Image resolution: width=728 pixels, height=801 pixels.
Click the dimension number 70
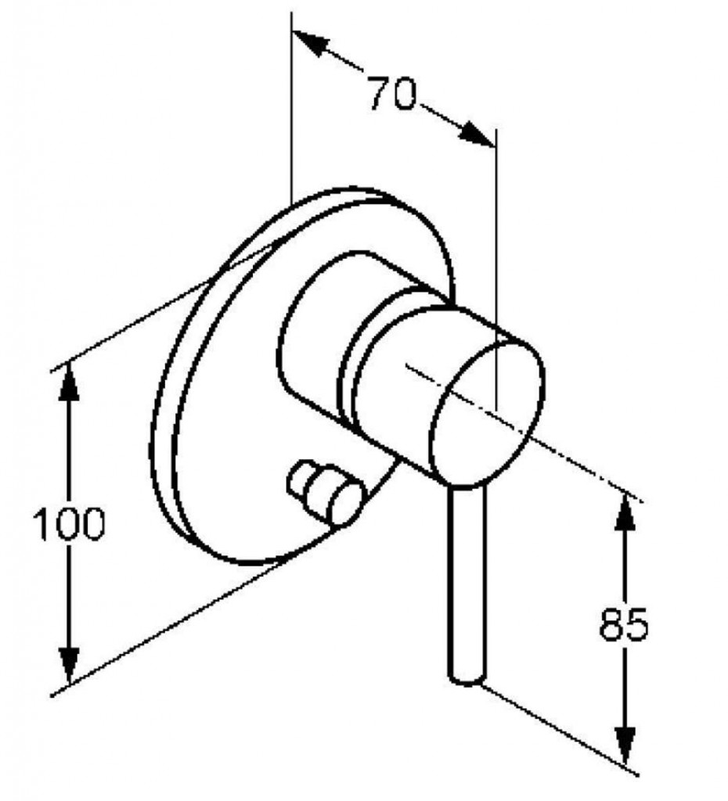(x=393, y=93)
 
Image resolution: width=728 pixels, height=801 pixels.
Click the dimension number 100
(x=69, y=523)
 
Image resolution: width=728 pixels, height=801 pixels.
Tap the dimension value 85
(x=623, y=623)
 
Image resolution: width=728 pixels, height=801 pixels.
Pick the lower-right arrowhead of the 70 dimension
(x=477, y=135)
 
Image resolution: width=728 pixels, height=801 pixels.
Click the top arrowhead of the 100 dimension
(x=69, y=383)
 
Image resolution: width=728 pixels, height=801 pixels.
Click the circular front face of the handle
(x=487, y=412)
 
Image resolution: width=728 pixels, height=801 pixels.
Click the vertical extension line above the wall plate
(x=291, y=108)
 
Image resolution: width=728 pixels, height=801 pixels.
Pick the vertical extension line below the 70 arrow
(x=496, y=268)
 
